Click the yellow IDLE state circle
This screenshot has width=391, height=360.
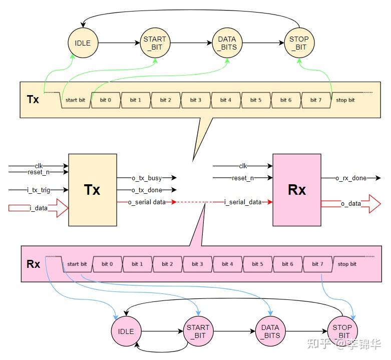click(83, 43)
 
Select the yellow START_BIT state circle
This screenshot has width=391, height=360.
click(155, 43)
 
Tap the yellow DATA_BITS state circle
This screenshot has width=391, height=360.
click(227, 43)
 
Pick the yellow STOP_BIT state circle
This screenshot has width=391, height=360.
click(299, 43)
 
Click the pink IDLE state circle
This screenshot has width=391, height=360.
click(126, 331)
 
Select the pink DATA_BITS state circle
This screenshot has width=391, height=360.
click(270, 331)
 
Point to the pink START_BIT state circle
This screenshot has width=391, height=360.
click(198, 331)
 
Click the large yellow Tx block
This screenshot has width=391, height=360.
click(92, 190)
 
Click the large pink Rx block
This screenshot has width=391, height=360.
click(296, 190)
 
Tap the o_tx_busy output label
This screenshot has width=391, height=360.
click(147, 178)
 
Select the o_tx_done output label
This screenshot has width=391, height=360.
click(147, 190)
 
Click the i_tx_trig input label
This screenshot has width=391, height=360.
click(39, 190)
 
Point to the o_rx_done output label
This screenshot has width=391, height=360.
click(351, 178)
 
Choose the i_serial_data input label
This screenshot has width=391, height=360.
click(243, 202)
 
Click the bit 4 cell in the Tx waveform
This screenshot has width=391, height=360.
click(226, 100)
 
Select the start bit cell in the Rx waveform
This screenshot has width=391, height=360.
click(77, 264)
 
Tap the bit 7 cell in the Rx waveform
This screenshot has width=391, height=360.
click(318, 264)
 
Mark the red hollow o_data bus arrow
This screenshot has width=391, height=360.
click(350, 204)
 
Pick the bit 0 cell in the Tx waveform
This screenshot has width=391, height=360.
click(106, 100)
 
